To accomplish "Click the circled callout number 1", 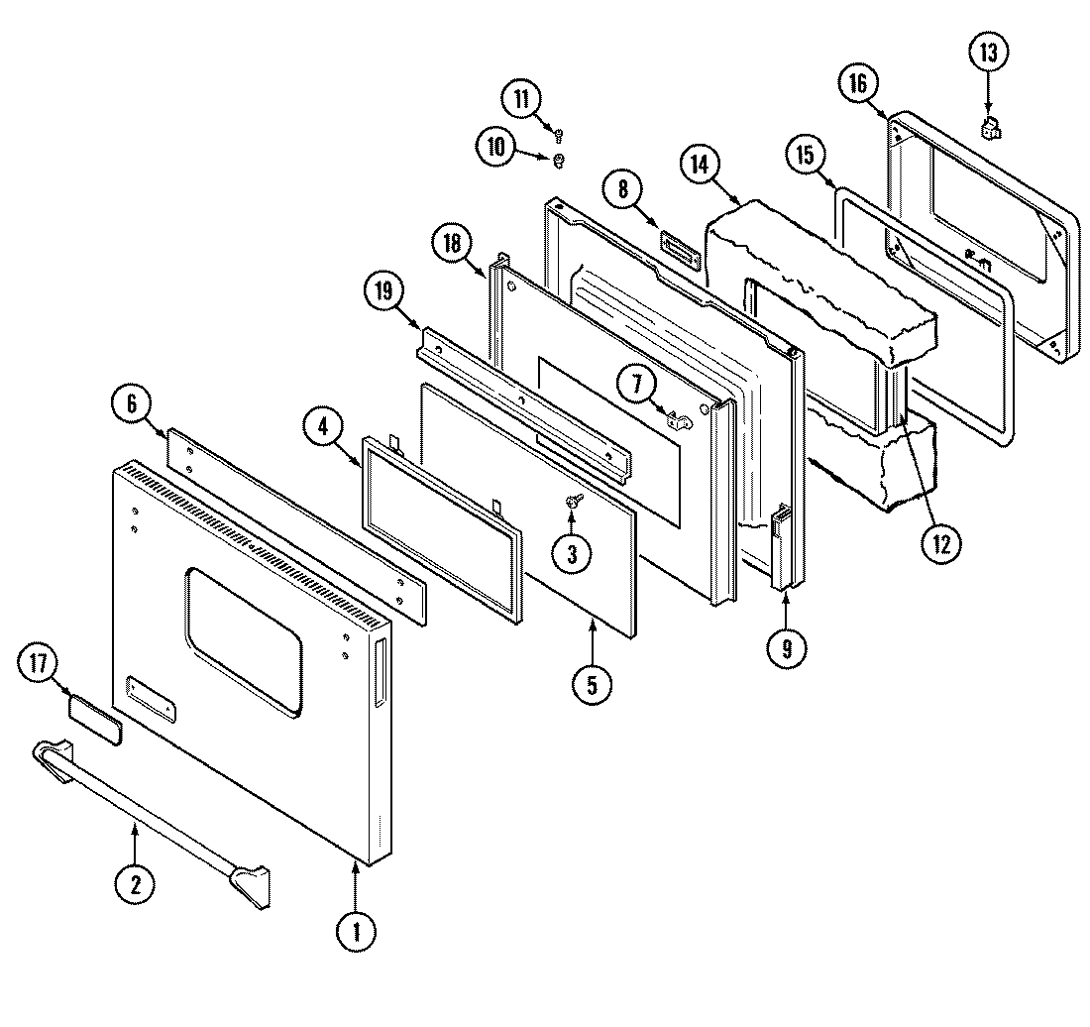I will pos(357,931).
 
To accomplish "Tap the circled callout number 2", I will pos(134,883).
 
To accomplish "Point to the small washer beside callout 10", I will pos(558,160).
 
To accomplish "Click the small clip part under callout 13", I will pos(989,127).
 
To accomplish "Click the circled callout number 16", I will pos(857,83).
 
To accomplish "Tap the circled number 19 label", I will pos(385,291).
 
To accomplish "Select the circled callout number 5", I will pos(591,684).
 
